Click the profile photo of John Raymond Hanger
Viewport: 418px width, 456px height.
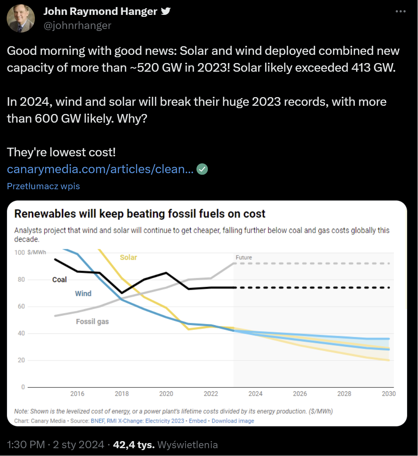(x=21, y=18)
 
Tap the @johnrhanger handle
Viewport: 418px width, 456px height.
(x=77, y=25)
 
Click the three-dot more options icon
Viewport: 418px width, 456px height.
(x=400, y=11)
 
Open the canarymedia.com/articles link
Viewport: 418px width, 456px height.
(x=100, y=169)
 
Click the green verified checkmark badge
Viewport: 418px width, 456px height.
(x=202, y=169)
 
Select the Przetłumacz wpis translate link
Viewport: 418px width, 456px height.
(x=44, y=186)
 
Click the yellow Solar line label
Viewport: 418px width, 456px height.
(x=128, y=257)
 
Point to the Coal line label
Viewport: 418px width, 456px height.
(x=60, y=280)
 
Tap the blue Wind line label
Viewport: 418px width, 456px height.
(x=83, y=293)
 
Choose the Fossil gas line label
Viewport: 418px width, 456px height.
(x=92, y=322)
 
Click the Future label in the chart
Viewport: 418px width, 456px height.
(x=244, y=257)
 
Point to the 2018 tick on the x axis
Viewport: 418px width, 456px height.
(x=122, y=394)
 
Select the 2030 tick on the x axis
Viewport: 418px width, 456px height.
(x=389, y=394)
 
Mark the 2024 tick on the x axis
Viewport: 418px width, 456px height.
(x=255, y=394)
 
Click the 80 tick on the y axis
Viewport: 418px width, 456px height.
(x=21, y=280)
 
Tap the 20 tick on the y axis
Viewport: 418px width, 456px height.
(x=21, y=360)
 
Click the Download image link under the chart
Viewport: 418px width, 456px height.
(x=233, y=421)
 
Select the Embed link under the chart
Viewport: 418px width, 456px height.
(x=198, y=421)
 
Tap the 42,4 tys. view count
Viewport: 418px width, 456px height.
(x=134, y=445)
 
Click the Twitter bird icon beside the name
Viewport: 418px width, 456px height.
(x=166, y=11)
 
